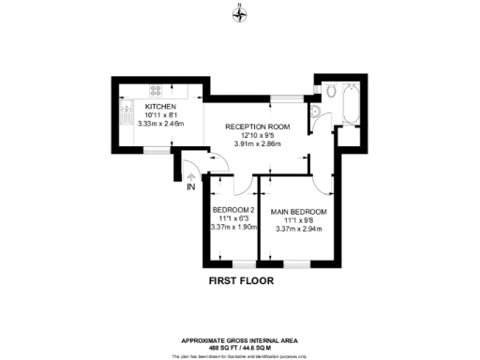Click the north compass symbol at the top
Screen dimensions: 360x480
click(240, 12)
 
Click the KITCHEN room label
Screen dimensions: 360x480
click(161, 106)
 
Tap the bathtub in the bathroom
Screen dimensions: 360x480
click(352, 104)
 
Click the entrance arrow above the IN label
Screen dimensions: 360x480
click(190, 175)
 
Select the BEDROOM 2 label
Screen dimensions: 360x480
click(232, 209)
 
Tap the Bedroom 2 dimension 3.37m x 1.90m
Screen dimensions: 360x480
click(232, 226)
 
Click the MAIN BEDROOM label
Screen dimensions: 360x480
click(298, 211)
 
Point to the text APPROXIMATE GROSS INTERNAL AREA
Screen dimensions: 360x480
click(240, 339)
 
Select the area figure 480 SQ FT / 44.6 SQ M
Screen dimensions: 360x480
click(240, 347)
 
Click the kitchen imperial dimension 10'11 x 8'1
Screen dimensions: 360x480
click(161, 114)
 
